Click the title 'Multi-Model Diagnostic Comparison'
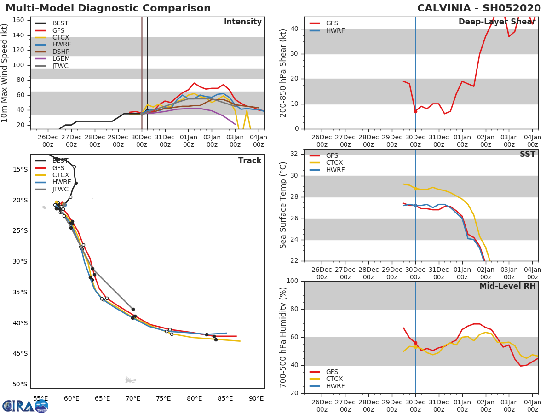coord(108,8)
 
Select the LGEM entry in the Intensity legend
coord(60,59)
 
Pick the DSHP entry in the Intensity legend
coord(60,52)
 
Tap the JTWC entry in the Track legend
coord(60,189)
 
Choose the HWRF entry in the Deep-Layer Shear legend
coord(335,30)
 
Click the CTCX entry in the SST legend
coord(334,163)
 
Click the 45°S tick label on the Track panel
coord(20,353)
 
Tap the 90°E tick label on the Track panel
coord(256,398)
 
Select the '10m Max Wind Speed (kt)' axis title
coord(5,73)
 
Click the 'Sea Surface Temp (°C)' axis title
coord(283,205)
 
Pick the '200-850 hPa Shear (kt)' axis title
coord(283,73)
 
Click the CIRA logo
coord(25,406)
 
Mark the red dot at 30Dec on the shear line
coord(415,111)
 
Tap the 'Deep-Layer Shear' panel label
coord(497,22)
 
